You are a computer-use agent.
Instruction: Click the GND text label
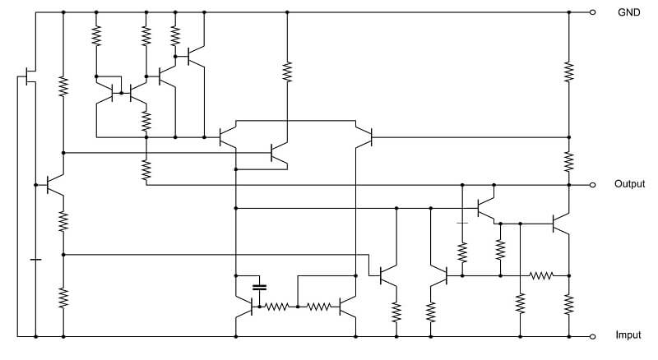tap(628, 12)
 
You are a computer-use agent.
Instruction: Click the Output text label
tap(629, 184)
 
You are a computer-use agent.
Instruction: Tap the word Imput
tap(628, 335)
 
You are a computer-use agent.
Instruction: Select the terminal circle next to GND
tap(592, 12)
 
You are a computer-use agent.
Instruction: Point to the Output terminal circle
tap(592, 185)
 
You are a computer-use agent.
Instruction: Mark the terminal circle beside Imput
tap(592, 336)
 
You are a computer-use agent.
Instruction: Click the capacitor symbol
tap(260, 288)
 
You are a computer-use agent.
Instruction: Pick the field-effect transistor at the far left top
tap(28, 76)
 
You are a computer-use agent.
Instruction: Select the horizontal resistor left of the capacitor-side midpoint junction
tap(276, 307)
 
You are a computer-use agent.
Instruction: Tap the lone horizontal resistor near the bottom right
tap(541, 275)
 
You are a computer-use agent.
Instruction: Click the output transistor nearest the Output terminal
tap(560, 224)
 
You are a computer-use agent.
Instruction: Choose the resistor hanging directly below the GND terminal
tap(569, 72)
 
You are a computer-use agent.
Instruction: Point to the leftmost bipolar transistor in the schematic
tap(53, 185)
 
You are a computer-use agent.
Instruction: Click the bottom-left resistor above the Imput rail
tap(63, 298)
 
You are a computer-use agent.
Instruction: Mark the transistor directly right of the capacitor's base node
tap(347, 307)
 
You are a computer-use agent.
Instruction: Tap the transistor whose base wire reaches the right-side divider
tap(364, 137)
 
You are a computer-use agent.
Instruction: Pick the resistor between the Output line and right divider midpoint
tap(569, 161)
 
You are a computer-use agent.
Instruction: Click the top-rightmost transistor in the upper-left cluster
tap(196, 56)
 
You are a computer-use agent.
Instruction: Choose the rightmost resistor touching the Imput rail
tap(569, 305)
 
